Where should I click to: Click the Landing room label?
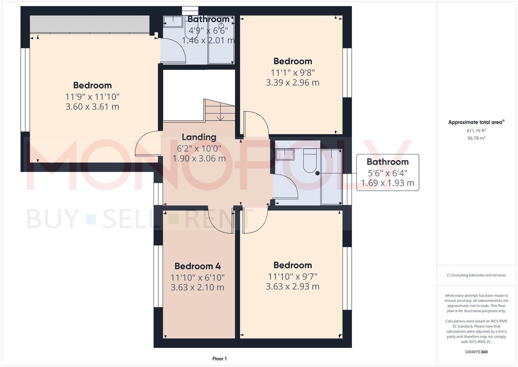tap(199, 137)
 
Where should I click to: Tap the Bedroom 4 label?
tap(197, 266)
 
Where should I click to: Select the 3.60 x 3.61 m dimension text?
tap(92, 107)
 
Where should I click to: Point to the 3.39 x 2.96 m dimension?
tap(292, 83)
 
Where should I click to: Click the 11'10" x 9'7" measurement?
tap(292, 276)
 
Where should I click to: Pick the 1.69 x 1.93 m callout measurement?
tap(387, 183)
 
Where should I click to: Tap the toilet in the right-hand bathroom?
tap(309, 160)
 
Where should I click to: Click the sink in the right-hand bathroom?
tap(285, 154)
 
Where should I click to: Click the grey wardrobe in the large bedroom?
tap(90, 24)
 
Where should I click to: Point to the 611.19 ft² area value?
tap(476, 130)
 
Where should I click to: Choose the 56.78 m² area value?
tap(476, 138)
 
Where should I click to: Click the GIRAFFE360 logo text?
tap(476, 352)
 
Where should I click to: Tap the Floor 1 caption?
tap(219, 359)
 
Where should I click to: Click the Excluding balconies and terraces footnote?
tap(476, 275)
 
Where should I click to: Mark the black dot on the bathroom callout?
tap(318, 173)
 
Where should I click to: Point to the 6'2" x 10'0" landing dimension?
tap(199, 148)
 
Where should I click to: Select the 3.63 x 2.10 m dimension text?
tap(197, 287)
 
